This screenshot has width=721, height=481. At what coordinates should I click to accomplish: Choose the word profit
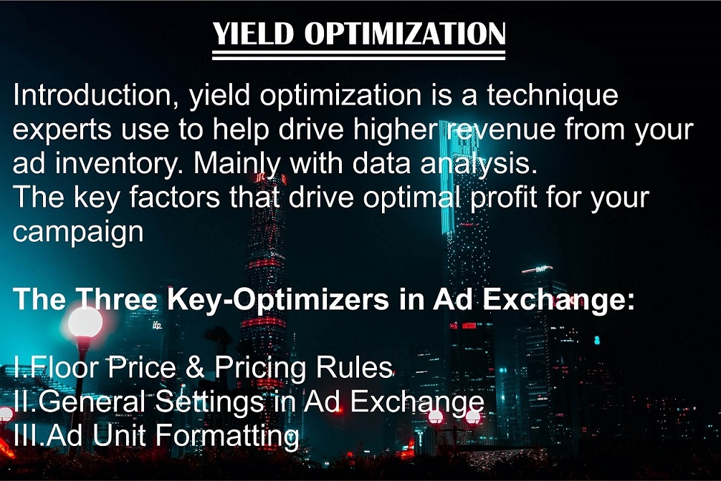(495, 198)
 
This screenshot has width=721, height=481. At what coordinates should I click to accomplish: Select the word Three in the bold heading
(119, 299)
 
